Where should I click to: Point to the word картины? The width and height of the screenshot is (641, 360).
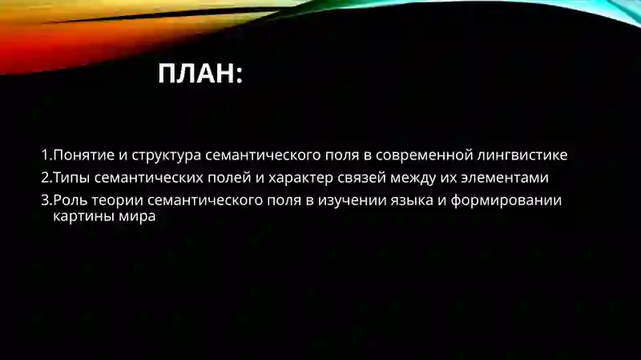click(79, 216)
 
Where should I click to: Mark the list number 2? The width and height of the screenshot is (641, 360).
click(46, 177)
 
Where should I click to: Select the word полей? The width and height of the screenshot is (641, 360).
click(228, 177)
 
